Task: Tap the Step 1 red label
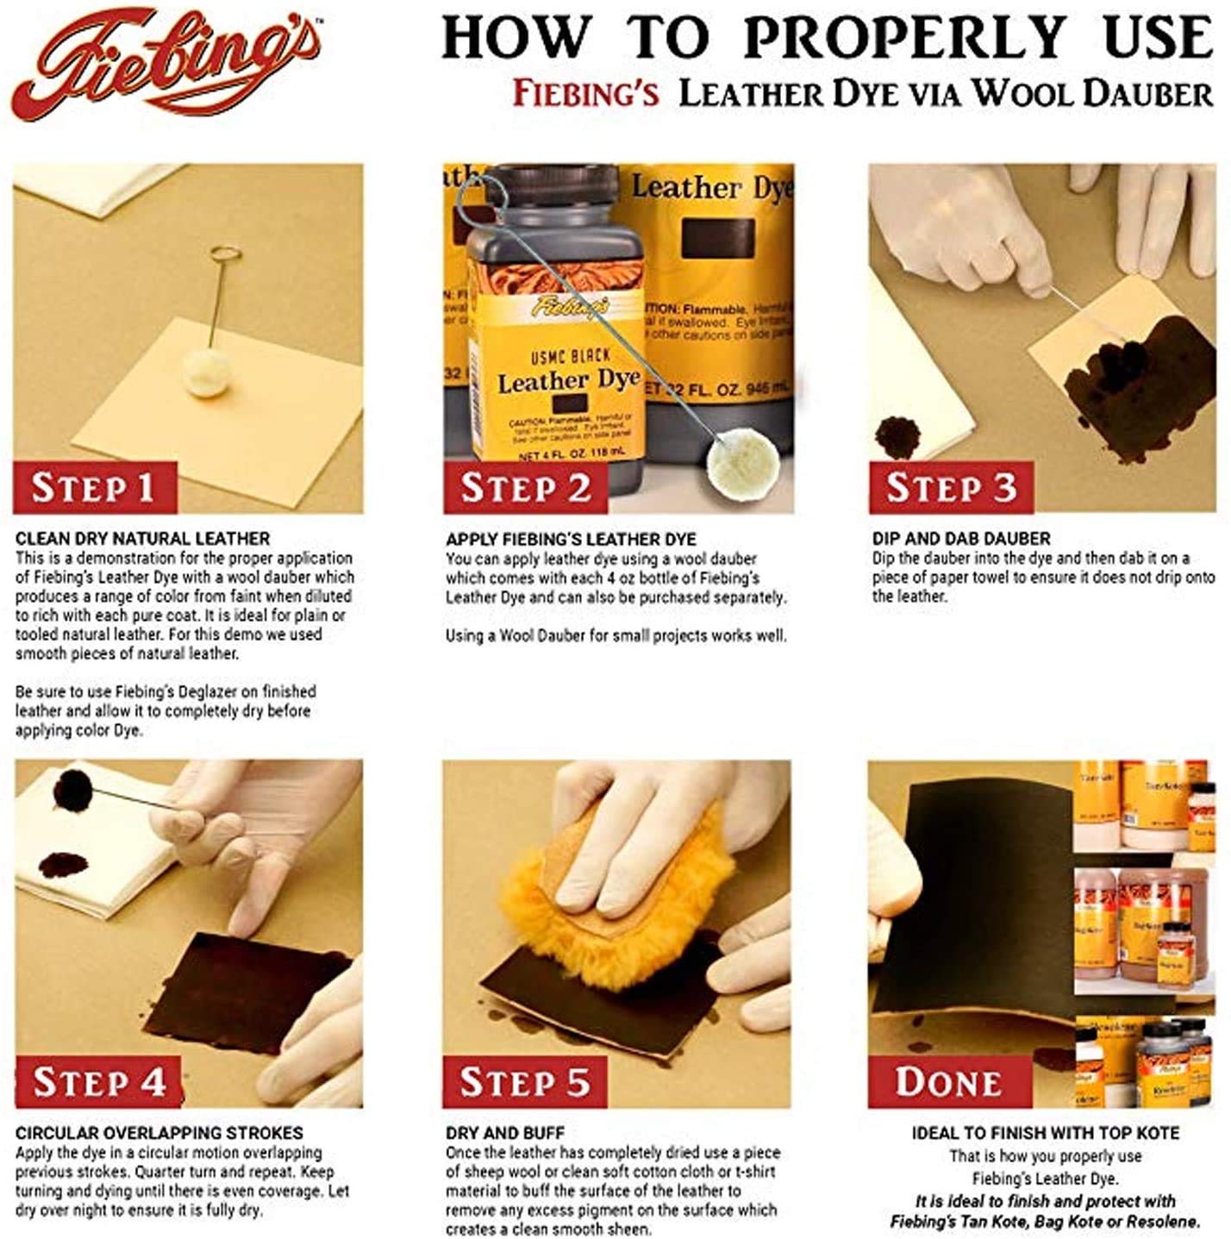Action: coord(93,487)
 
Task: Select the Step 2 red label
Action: coord(525,487)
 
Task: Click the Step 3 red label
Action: coord(951,487)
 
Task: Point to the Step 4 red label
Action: coord(98,1081)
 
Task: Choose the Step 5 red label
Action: coord(524,1081)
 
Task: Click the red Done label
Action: coord(948,1081)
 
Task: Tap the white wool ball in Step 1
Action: coord(202,372)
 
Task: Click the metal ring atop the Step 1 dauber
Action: coord(222,254)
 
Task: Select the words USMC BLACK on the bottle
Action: coord(570,355)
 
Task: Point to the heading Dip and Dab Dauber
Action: coord(960,539)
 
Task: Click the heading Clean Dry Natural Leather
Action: coord(142,539)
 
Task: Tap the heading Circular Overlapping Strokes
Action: coord(159,1133)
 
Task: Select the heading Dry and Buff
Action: coord(504,1133)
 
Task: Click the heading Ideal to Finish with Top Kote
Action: coord(1045,1133)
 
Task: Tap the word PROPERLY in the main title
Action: coord(904,39)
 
